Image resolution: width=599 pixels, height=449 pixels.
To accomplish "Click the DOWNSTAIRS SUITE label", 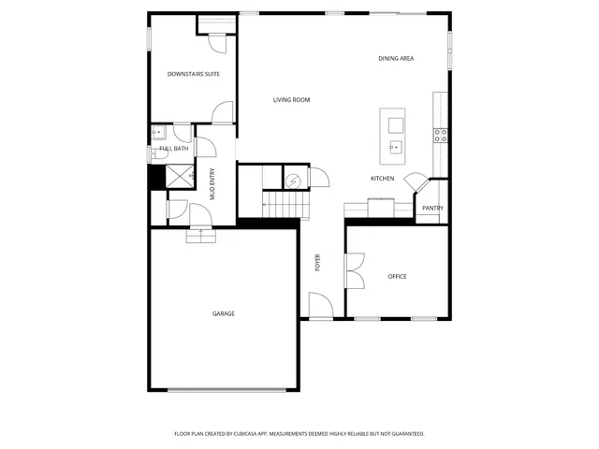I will pyautogui.click(x=194, y=74).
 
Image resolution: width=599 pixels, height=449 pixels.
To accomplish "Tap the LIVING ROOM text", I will pyautogui.click(x=291, y=100).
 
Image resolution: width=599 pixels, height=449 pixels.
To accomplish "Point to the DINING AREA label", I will pyautogui.click(x=396, y=59).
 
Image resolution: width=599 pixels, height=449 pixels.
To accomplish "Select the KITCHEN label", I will pyautogui.click(x=382, y=179).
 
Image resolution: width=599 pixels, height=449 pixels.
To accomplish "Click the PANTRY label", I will pyautogui.click(x=432, y=209).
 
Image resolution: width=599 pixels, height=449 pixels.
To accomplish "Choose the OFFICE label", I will pyautogui.click(x=398, y=277).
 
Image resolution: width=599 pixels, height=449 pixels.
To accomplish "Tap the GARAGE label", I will pyautogui.click(x=223, y=313).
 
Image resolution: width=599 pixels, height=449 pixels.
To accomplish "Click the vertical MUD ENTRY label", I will pyautogui.click(x=212, y=184).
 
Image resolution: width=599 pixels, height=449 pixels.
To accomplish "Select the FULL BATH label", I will pyautogui.click(x=174, y=149).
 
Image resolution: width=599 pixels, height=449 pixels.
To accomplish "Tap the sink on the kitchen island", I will pyautogui.click(x=394, y=146).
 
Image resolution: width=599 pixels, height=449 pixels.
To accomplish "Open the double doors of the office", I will pyautogui.click(x=355, y=273).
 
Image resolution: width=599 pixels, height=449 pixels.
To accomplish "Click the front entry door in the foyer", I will pyautogui.click(x=320, y=307).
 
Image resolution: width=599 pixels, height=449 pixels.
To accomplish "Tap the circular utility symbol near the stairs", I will pyautogui.click(x=294, y=180).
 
